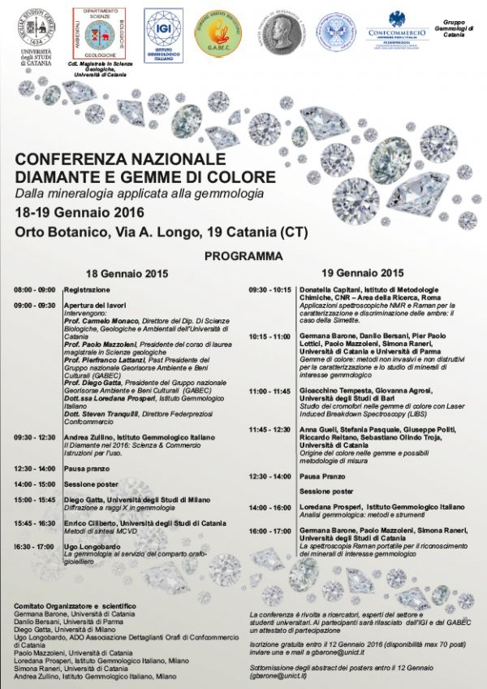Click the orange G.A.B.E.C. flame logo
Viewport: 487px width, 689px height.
point(215,35)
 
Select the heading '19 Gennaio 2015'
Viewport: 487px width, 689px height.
point(362,274)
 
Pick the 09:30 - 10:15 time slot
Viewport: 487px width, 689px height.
point(270,290)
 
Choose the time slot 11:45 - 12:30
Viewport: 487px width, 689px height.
point(270,429)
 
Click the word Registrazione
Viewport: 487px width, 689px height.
point(87,290)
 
